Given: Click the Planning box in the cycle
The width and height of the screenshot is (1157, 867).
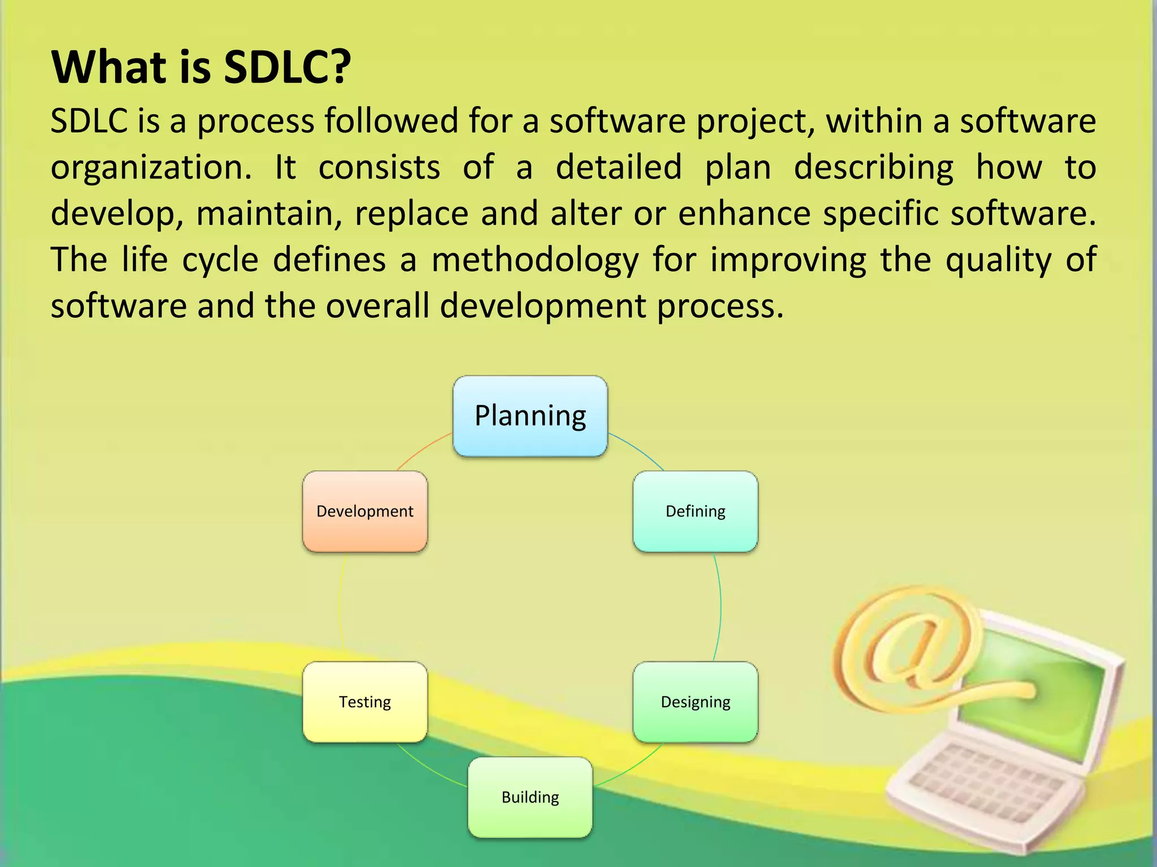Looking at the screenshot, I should pos(530,416).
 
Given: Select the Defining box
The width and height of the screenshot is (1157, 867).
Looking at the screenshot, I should pos(695,511).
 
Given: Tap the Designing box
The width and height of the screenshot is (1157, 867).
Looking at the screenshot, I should pos(695,702).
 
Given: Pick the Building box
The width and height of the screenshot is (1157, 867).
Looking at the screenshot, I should pos(530,797).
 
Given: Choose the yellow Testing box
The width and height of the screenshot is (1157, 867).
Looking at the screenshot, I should pos(365,702).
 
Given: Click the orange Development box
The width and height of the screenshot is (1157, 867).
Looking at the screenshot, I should pos(365,511).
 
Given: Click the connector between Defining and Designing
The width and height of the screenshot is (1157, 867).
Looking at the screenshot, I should pos(720,607).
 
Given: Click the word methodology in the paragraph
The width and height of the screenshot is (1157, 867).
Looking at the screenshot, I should pos(535,261).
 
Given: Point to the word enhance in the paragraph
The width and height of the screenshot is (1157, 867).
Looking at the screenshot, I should pos(743,214).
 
